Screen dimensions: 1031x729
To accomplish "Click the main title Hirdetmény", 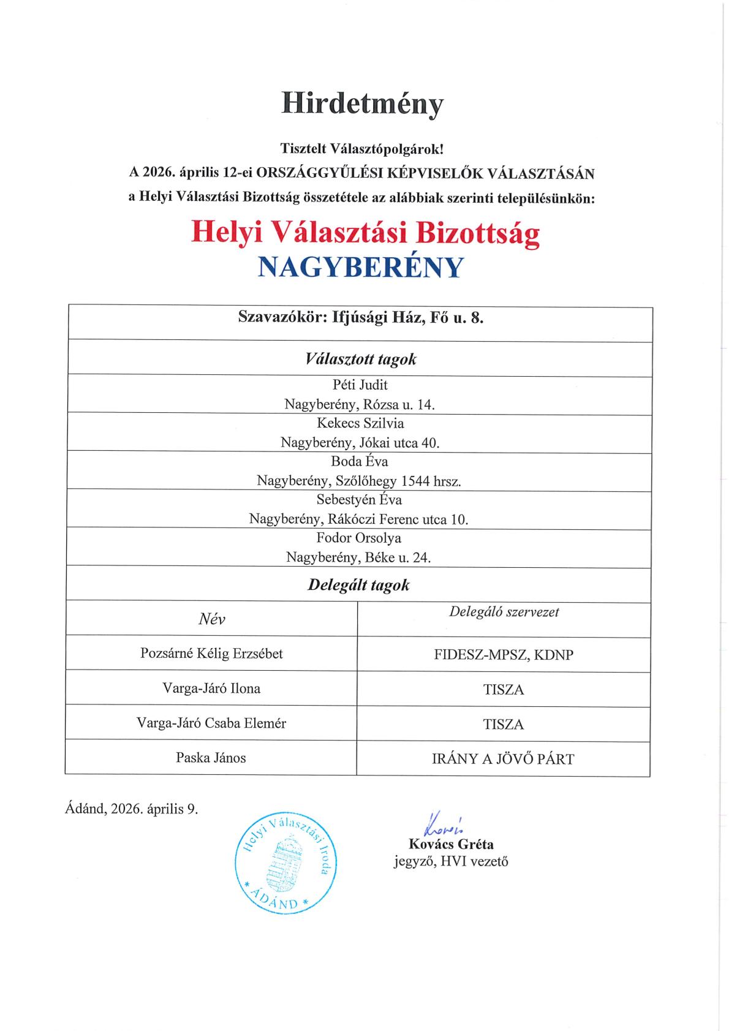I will coord(362,104).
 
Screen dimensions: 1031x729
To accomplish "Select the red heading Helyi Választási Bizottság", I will coord(365,233).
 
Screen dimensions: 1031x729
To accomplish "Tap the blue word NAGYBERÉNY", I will coord(360,268).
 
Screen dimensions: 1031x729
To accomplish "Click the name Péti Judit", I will coord(360,385).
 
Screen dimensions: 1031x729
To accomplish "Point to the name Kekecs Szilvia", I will coord(360,423).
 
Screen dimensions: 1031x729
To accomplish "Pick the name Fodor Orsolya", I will coord(359,538).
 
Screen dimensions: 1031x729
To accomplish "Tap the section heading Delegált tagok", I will coord(358,585).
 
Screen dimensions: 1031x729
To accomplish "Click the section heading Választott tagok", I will coord(360,359).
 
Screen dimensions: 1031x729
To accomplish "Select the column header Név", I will coord(212,619).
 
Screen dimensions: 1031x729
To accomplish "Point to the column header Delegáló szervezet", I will coord(504,611).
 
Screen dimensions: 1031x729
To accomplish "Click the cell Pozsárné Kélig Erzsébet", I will coord(211,654).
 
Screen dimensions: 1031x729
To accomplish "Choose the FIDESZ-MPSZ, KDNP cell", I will coord(504,655).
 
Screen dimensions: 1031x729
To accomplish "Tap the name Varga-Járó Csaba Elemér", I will coord(211,723).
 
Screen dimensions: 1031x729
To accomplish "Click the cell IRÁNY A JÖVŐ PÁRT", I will coord(504,760).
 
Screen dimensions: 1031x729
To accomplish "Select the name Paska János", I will coord(211,758).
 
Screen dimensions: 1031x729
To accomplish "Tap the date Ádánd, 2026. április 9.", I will coord(132,809).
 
